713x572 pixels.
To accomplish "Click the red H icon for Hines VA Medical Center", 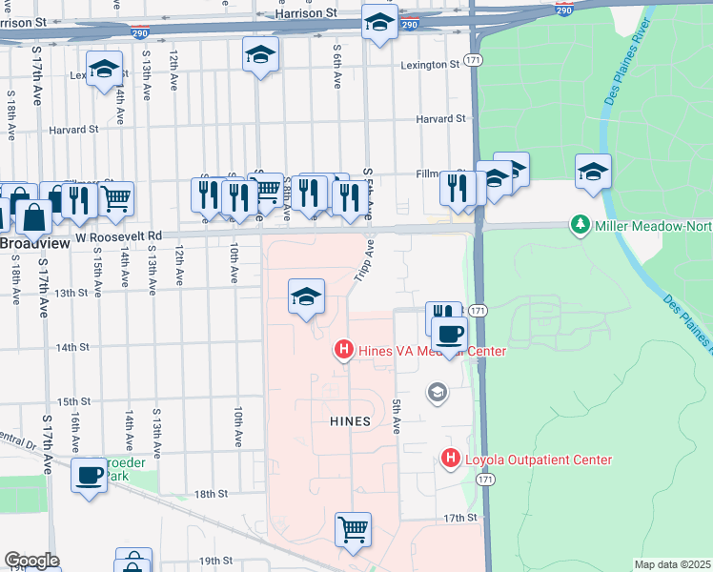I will click(345, 351).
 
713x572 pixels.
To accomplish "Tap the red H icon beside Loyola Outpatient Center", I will click(451, 460).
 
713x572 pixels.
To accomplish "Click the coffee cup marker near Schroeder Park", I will click(90, 474).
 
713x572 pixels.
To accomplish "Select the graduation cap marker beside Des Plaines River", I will click(593, 173).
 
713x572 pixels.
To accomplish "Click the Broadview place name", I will click(34, 244).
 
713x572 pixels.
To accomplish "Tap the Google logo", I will click(31, 561).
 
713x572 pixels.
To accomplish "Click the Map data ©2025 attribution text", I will click(671, 564).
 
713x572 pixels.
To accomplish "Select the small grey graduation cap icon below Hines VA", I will click(437, 392).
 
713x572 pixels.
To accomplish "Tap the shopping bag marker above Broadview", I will click(33, 217).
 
